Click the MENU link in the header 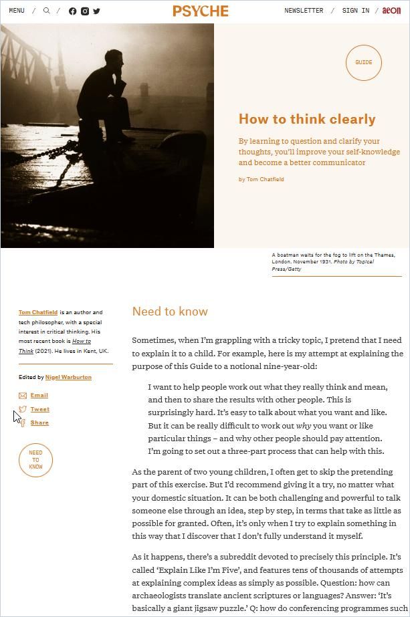tap(17, 11)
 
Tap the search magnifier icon tap(47, 11)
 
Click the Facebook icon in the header tap(73, 11)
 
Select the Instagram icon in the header tap(85, 11)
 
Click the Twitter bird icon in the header tap(96, 11)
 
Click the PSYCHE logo tap(201, 11)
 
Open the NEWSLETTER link tap(304, 11)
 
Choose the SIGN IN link tap(355, 11)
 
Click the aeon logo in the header tap(391, 11)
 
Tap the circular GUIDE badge tap(363, 63)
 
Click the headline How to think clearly tap(307, 119)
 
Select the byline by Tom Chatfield tap(262, 179)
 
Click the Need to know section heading tap(170, 312)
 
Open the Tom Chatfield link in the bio tap(38, 312)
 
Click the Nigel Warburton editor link tap(68, 377)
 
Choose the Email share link tap(39, 396)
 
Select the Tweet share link tap(39, 409)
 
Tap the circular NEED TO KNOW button tap(35, 460)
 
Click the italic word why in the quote tap(304, 426)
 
